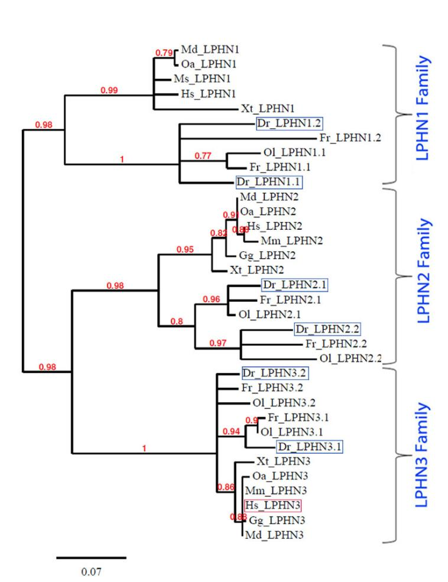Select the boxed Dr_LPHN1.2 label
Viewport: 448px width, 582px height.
click(x=281, y=124)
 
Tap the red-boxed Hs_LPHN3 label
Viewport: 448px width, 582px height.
click(x=272, y=506)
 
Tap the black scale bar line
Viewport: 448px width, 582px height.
click(x=92, y=557)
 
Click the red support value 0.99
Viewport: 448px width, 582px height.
click(x=111, y=90)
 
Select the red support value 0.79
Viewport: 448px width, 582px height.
click(x=163, y=53)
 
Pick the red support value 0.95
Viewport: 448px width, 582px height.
click(x=185, y=249)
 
